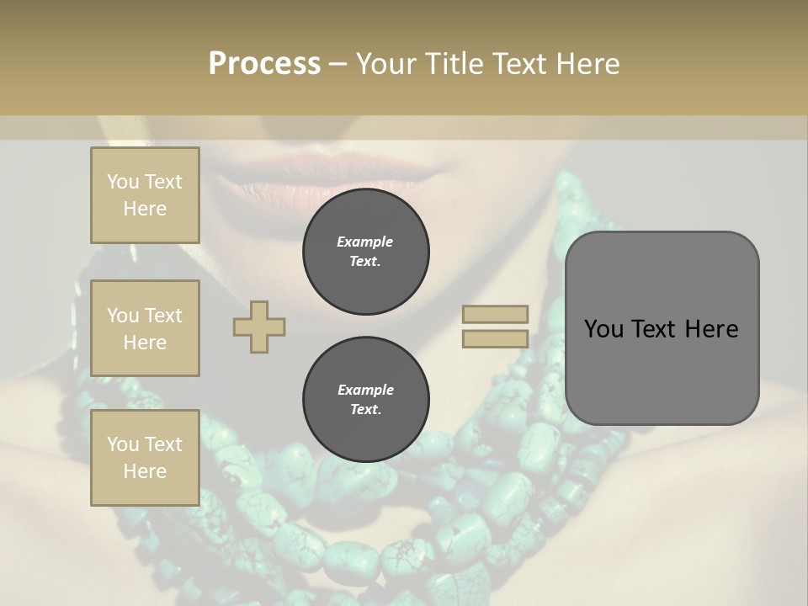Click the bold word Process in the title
pyautogui.click(x=264, y=63)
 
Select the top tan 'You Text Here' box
pyautogui.click(x=145, y=195)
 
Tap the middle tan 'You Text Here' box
pyautogui.click(x=145, y=328)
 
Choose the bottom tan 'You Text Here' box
pyautogui.click(x=145, y=458)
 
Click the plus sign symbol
pyautogui.click(x=259, y=327)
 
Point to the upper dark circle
pyautogui.click(x=366, y=252)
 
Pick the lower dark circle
pyautogui.click(x=366, y=400)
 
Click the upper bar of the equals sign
pyautogui.click(x=496, y=315)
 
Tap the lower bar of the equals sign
pyautogui.click(x=496, y=339)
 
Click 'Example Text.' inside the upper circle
pyautogui.click(x=365, y=252)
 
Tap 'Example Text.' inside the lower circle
pyautogui.click(x=365, y=400)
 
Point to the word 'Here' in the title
pyautogui.click(x=588, y=63)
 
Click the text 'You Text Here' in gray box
pyautogui.click(x=662, y=329)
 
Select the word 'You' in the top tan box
pyautogui.click(x=123, y=182)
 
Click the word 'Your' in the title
pyautogui.click(x=388, y=63)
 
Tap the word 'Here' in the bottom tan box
pyautogui.click(x=145, y=471)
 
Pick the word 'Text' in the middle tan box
pyautogui.click(x=162, y=316)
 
